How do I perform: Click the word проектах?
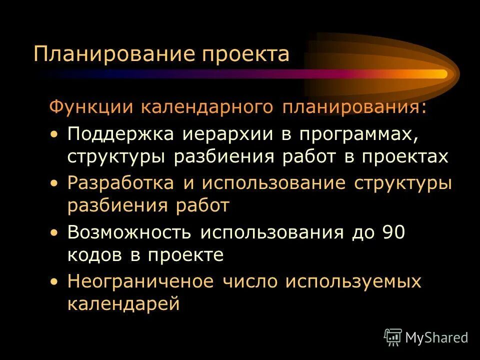[x=405, y=157]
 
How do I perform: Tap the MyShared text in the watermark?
[x=436, y=337]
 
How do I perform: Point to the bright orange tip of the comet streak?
[x=440, y=74]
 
